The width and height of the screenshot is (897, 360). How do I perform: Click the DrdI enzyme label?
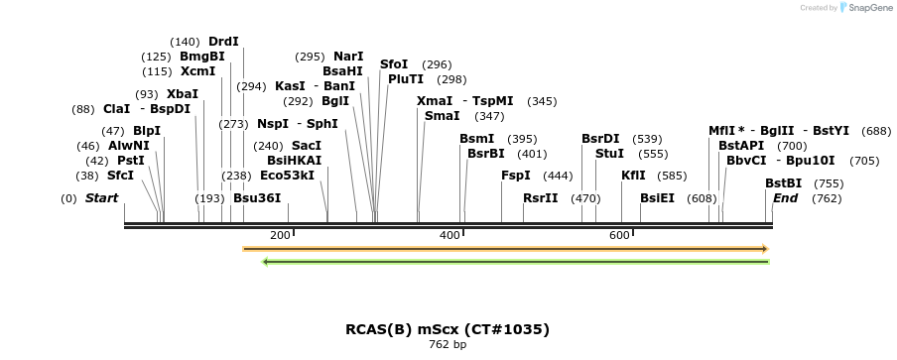[223, 42]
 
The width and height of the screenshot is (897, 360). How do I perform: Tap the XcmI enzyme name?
[198, 71]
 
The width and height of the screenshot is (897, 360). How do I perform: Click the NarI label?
[348, 57]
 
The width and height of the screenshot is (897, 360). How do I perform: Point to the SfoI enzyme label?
[394, 64]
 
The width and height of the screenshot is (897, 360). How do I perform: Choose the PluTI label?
[406, 79]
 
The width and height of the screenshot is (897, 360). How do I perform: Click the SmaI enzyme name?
[442, 116]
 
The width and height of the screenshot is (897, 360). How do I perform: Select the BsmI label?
[476, 139]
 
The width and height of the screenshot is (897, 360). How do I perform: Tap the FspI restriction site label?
[516, 176]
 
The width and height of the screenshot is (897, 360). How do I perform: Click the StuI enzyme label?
[609, 154]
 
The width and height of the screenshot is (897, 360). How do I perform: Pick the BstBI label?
[783, 183]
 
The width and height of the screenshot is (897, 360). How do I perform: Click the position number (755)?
[829, 183]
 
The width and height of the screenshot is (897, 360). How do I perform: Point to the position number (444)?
[559, 176]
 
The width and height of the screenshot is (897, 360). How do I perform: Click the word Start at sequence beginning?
[101, 198]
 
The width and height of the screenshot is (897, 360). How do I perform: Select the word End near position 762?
[785, 198]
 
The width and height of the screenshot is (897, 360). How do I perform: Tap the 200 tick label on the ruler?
[280, 235]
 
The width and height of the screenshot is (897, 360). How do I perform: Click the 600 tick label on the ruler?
[619, 235]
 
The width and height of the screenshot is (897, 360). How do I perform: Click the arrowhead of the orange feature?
[765, 249]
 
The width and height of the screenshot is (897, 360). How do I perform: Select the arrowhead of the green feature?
[266, 262]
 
